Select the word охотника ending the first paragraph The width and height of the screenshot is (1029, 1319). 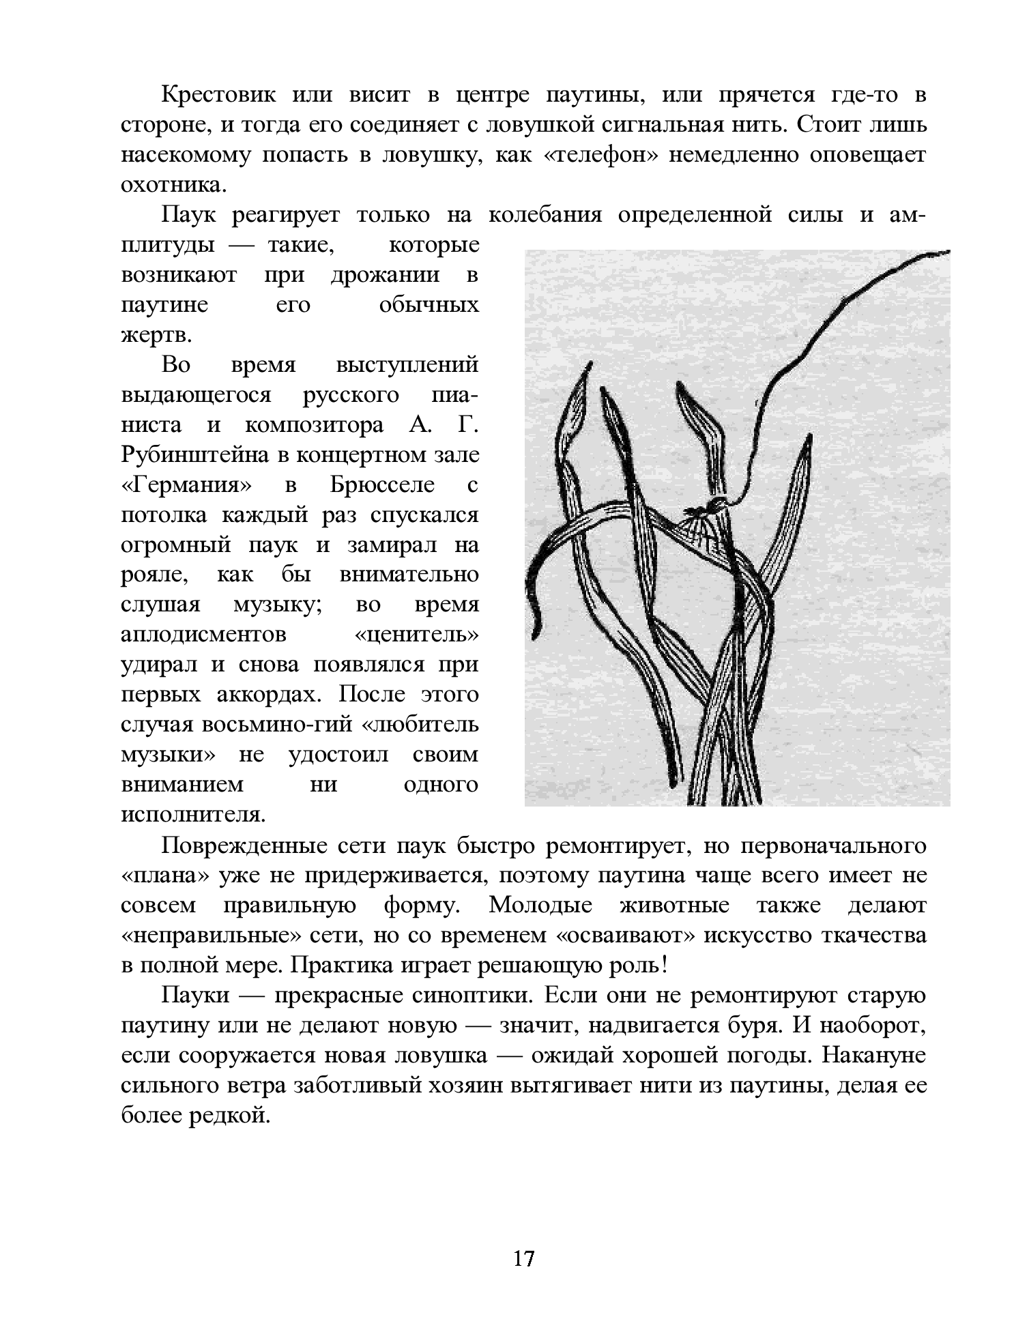click(x=172, y=185)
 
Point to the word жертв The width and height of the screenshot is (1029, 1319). click(x=156, y=335)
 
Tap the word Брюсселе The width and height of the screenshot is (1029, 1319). click(x=382, y=485)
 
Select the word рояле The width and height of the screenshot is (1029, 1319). click(x=153, y=575)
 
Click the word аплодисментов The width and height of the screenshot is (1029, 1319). click(x=203, y=635)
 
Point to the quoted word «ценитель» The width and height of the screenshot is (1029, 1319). click(x=417, y=635)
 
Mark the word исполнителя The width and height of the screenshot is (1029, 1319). click(x=192, y=815)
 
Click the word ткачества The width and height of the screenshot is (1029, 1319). click(x=871, y=936)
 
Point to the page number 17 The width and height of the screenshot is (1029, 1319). click(x=523, y=1259)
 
